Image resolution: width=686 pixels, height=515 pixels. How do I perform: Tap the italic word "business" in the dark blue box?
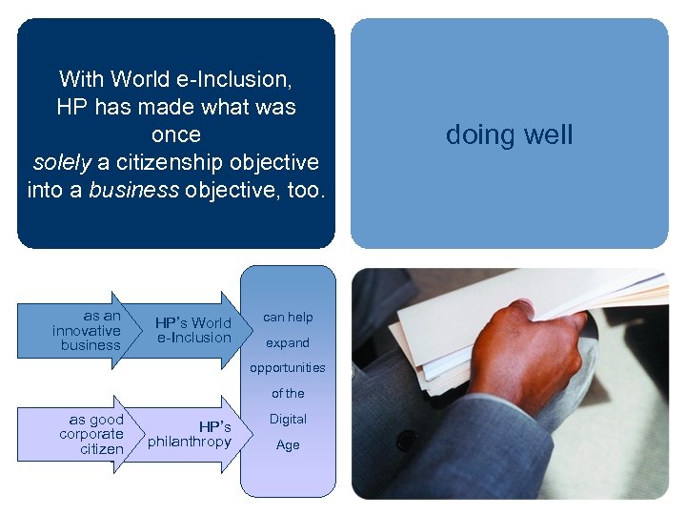133,190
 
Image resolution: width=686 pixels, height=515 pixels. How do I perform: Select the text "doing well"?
509,135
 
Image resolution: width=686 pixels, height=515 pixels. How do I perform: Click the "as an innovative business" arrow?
95,330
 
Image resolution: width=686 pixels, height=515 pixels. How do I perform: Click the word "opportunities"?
287,367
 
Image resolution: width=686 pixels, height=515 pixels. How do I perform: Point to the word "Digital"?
288,419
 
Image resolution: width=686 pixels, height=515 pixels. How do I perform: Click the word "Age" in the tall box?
288,444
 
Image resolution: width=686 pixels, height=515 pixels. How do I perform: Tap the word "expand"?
288,342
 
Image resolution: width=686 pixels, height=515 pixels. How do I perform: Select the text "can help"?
288,317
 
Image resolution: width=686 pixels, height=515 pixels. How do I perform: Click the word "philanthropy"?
190,442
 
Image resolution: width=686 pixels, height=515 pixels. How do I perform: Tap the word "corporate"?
91,434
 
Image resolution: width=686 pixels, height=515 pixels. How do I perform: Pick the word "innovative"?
87,330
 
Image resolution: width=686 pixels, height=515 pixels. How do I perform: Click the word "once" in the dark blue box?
176,134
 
